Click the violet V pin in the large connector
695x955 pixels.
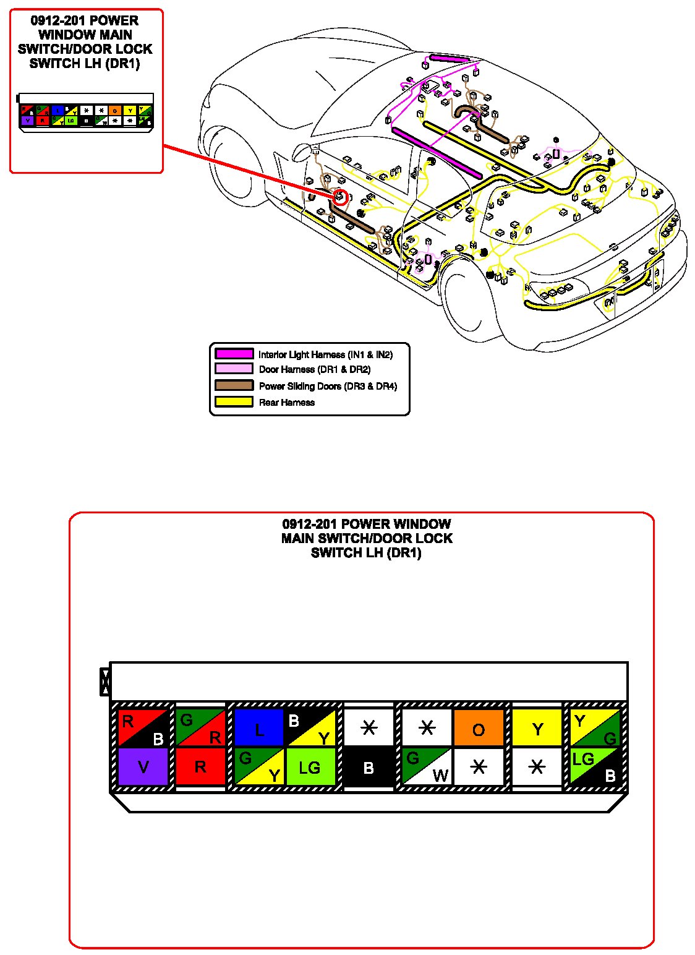143,767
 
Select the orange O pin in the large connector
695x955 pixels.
478,728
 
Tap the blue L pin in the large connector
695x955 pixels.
258,728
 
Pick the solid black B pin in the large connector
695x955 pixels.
369,767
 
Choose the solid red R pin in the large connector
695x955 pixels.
200,767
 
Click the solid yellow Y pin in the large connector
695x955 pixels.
537,728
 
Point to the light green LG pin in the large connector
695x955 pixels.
310,767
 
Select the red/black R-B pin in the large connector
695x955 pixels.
143,728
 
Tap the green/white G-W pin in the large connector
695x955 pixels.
427,767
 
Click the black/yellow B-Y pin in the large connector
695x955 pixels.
310,728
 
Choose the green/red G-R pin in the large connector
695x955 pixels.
200,728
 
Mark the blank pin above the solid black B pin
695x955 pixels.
369,728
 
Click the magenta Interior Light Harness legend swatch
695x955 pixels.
234,354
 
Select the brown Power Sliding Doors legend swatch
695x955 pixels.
234,385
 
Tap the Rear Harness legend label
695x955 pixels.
287,403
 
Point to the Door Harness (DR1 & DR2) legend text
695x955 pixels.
315,370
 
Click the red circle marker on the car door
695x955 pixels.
340,197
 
